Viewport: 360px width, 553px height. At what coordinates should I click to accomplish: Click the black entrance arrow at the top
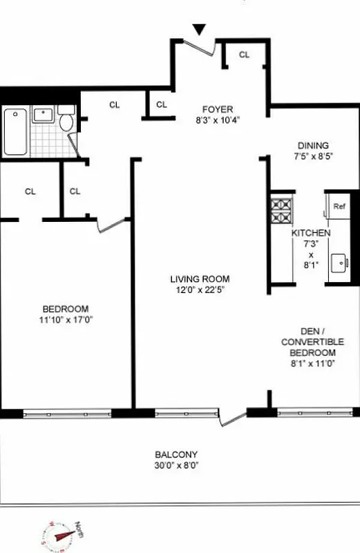[x=199, y=29]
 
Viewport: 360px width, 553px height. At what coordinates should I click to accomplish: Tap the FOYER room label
[x=218, y=109]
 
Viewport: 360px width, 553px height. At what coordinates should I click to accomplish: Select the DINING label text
[x=313, y=145]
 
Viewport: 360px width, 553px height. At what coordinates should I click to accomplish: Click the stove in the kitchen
[x=281, y=211]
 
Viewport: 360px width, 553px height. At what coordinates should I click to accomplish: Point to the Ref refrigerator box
[x=339, y=206]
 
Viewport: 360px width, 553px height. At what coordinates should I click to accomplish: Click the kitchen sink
[x=339, y=263]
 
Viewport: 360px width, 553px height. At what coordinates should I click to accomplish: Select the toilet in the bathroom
[x=66, y=121]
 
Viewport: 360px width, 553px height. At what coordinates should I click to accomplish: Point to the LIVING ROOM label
[x=199, y=279]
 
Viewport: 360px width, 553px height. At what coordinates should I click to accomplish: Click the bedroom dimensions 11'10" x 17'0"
[x=66, y=320]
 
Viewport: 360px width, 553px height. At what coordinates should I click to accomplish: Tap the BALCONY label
[x=176, y=454]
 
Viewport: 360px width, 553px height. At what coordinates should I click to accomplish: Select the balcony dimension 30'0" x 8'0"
[x=176, y=465]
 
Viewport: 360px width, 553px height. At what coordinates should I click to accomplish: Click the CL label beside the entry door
[x=244, y=55]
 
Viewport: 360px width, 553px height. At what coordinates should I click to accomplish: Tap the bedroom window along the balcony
[x=67, y=413]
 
